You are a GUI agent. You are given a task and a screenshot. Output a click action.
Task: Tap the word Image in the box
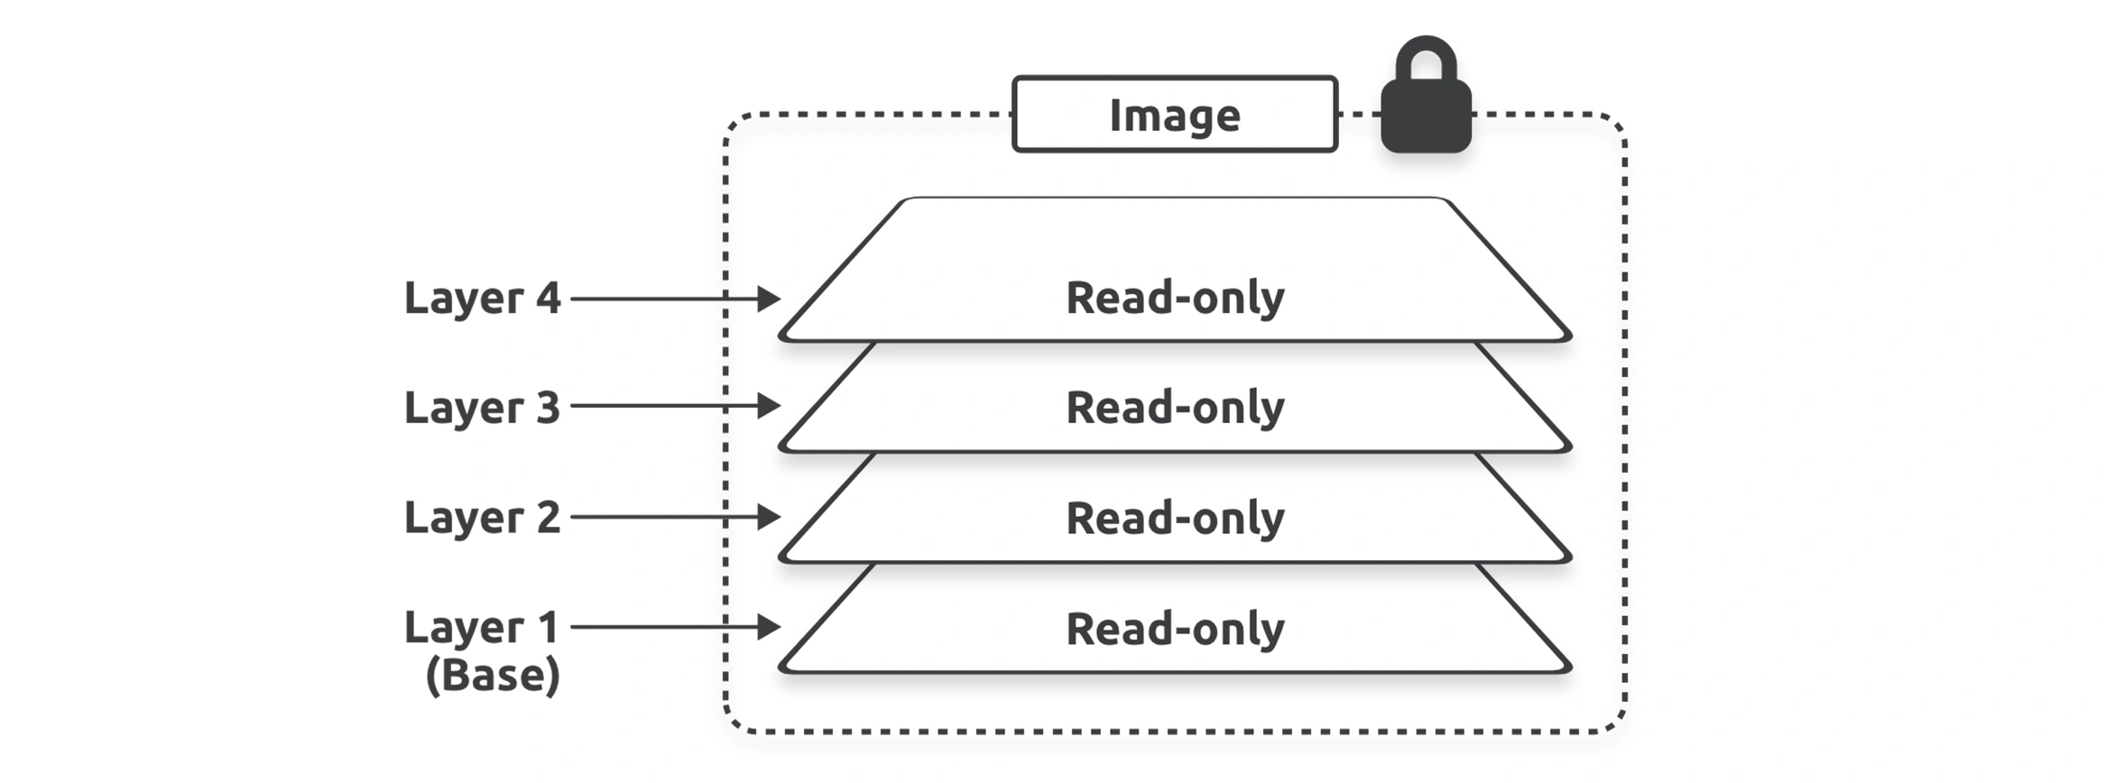[x=1175, y=115]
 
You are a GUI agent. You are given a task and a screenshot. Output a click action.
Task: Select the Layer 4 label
[x=482, y=299]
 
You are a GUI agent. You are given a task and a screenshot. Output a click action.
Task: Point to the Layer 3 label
[x=482, y=408]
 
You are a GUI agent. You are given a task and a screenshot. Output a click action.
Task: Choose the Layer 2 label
[x=482, y=518]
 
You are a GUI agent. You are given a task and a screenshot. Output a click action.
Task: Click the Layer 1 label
[x=482, y=628]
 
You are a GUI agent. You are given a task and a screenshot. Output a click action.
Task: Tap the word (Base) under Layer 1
[x=493, y=675]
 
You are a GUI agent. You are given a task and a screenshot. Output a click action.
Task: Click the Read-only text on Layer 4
[x=1175, y=299]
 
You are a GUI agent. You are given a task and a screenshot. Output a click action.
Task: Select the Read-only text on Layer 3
[x=1175, y=408]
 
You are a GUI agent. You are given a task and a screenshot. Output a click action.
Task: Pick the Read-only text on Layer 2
[x=1175, y=519]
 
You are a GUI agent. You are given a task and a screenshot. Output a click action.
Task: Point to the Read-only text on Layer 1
[x=1175, y=629]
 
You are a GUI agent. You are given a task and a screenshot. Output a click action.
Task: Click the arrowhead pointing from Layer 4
[x=769, y=299]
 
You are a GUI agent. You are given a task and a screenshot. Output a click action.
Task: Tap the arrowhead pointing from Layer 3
[x=769, y=406]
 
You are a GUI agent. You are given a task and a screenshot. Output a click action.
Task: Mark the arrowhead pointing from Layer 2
[x=769, y=517]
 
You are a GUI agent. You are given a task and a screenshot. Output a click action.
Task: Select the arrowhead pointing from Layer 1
[x=769, y=627]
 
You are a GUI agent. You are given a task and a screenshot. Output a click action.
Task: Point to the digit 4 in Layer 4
[x=548, y=298]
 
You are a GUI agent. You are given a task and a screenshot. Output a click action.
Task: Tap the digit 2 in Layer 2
[x=548, y=517]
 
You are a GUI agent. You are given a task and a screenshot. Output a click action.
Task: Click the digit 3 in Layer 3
[x=548, y=408]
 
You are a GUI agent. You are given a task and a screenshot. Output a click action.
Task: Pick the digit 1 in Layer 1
[x=548, y=627]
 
